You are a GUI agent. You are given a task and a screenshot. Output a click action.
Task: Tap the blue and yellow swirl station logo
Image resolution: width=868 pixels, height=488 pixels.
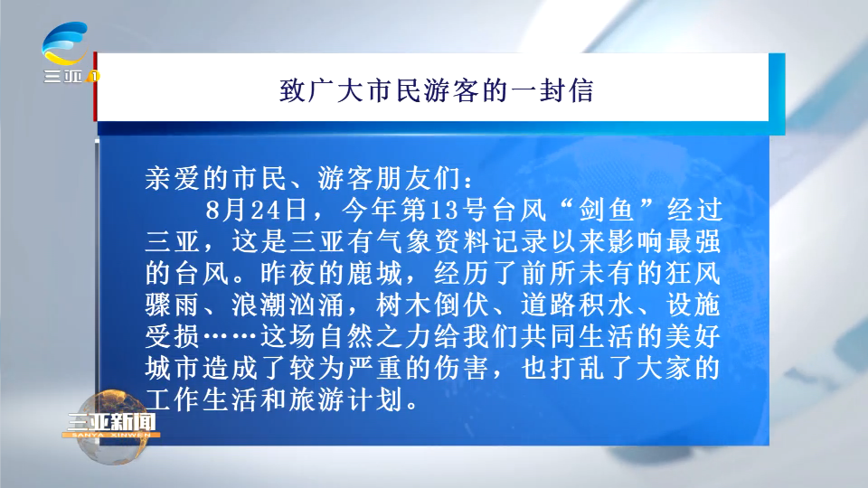pos(65,43)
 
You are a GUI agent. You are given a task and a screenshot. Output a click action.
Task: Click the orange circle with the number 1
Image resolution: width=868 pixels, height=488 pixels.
pos(94,76)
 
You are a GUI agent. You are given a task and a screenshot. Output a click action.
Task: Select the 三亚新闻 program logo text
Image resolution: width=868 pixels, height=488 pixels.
pos(111,422)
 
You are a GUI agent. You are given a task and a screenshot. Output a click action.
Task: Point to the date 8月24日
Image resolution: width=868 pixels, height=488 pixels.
pos(256,211)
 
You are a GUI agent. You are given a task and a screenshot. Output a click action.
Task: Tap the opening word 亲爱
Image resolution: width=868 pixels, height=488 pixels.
pos(174,178)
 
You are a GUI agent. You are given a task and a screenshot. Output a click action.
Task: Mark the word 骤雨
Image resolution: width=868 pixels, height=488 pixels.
pos(174,305)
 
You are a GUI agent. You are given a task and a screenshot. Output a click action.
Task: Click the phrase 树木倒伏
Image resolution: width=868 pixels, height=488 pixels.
pos(432,305)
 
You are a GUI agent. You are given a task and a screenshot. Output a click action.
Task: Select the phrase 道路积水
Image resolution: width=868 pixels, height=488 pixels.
pos(578,305)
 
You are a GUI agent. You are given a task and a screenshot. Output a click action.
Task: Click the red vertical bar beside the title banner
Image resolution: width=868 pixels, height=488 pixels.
pos(95,87)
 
